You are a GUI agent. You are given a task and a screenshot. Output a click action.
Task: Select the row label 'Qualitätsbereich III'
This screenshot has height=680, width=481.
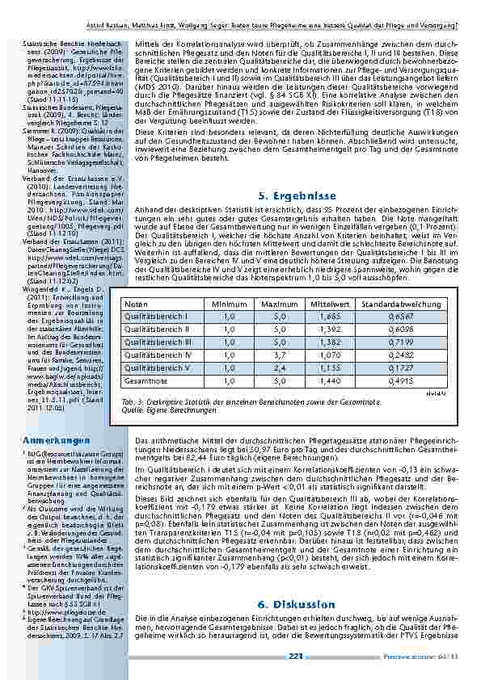(157, 342)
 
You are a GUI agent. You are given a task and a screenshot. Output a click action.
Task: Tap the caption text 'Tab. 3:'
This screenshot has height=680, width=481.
(130, 401)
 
